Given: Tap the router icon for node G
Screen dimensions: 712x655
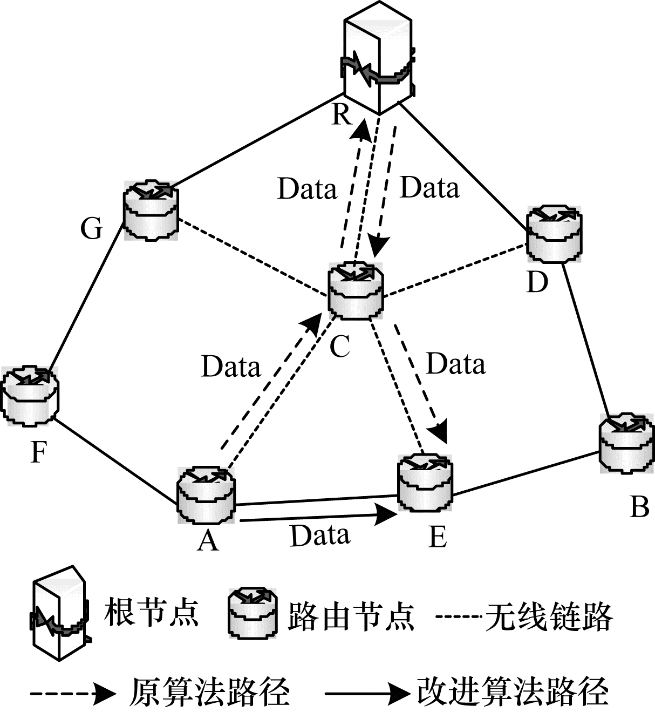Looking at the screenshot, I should (x=151, y=211).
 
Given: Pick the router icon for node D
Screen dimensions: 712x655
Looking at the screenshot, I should (x=554, y=233).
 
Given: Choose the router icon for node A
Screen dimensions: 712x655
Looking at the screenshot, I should (x=206, y=495).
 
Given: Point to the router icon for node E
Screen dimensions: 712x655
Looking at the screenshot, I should (x=425, y=482).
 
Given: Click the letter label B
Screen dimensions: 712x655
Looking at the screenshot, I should (x=639, y=507).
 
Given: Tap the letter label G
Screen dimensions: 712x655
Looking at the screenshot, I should (x=92, y=229).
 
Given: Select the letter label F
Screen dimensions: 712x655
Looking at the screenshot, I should (x=38, y=452).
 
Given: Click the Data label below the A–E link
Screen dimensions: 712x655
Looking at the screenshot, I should (x=320, y=535).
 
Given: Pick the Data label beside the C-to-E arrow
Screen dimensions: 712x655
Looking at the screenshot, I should (x=456, y=364).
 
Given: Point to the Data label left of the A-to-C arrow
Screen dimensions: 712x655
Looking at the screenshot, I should (x=231, y=367).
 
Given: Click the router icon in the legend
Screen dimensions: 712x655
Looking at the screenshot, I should (x=253, y=614).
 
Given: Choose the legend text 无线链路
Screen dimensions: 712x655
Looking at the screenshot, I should (x=549, y=616).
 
